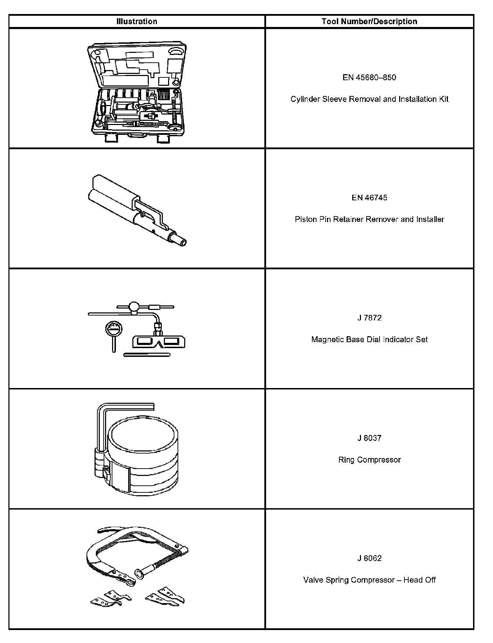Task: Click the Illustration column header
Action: point(137,21)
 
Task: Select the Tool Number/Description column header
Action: point(369,21)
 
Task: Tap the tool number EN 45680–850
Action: point(369,77)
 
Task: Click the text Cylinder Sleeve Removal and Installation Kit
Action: point(369,99)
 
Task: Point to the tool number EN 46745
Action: point(369,198)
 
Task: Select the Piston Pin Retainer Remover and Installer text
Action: point(369,219)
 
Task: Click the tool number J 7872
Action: point(369,318)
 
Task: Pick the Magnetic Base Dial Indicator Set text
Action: point(369,339)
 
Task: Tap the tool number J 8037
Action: point(369,438)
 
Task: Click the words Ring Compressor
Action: point(369,459)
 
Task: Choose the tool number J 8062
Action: point(369,558)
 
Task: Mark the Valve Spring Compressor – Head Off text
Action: point(369,580)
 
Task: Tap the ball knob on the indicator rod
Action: point(134,307)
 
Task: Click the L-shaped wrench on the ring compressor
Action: point(102,420)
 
